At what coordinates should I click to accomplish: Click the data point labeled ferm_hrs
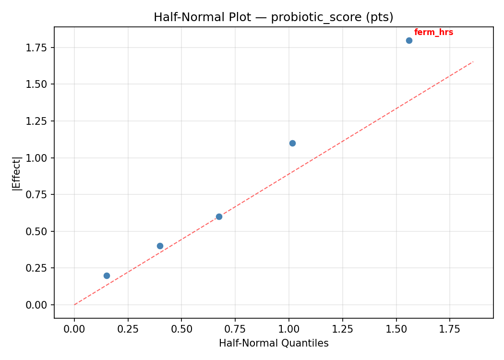409,40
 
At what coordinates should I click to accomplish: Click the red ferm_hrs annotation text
433,33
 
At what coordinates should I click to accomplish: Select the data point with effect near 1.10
292,143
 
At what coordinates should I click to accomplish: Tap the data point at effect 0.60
219,216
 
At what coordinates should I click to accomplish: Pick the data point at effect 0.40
160,246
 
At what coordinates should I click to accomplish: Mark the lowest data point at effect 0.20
107,276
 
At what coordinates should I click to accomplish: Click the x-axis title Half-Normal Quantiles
274,343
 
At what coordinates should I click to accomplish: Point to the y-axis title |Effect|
17,174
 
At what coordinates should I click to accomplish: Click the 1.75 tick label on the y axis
37,48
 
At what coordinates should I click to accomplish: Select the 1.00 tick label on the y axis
37,158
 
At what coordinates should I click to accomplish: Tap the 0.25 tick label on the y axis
37,268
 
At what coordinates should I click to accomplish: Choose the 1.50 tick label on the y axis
37,84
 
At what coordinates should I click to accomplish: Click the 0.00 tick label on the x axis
74,329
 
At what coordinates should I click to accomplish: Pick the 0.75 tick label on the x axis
235,329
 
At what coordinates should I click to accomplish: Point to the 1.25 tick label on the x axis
342,329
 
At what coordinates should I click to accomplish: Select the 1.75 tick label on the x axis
450,329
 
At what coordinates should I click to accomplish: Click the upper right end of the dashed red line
473,62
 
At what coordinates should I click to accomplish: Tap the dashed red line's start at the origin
75,304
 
